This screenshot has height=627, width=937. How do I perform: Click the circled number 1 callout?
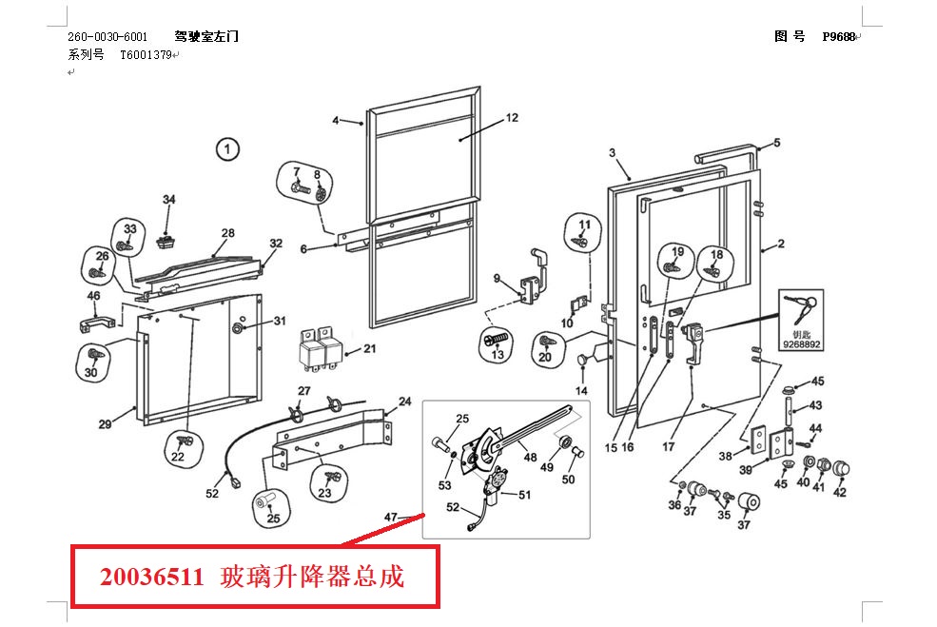227,148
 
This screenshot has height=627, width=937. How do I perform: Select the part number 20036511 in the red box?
152,578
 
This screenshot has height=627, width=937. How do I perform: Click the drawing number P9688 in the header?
839,36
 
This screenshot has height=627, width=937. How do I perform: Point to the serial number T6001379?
146,55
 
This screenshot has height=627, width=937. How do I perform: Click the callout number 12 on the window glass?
512,118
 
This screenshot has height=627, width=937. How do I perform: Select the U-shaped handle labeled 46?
97,324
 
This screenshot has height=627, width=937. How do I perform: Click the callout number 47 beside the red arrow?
390,517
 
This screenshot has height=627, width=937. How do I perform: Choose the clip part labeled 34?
166,242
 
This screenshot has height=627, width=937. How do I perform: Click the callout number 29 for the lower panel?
106,423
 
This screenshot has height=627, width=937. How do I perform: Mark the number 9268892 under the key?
801,344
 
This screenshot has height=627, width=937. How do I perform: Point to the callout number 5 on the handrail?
777,143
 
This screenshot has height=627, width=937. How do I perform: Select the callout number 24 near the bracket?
405,402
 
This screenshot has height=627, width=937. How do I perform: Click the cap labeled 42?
841,469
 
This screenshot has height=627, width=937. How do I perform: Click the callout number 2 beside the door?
781,244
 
